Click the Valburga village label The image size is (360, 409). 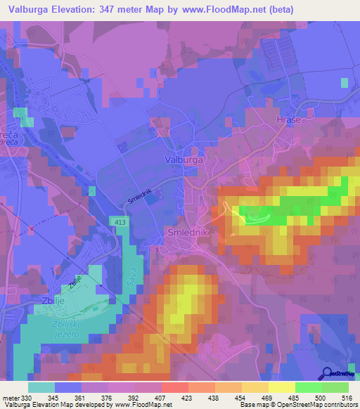point(184,160)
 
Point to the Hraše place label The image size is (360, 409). point(283,121)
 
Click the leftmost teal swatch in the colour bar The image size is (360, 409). point(41,387)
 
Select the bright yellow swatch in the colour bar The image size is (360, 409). point(281,387)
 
